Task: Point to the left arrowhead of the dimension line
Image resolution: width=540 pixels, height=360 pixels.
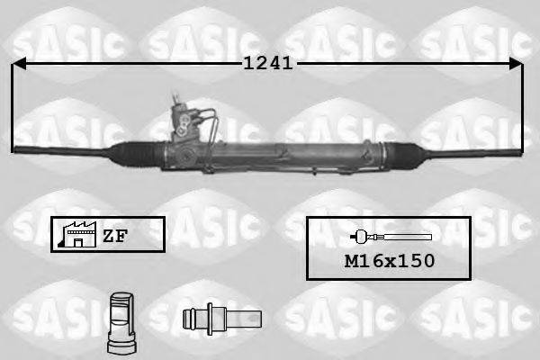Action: coord(18,63)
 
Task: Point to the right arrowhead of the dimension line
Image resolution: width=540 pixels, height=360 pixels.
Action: coord(517,63)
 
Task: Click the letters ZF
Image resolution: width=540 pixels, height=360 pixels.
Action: coord(114,236)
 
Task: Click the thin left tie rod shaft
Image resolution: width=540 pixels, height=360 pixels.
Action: coord(63,148)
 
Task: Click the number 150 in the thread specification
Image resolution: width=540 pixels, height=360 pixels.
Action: coord(416,261)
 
